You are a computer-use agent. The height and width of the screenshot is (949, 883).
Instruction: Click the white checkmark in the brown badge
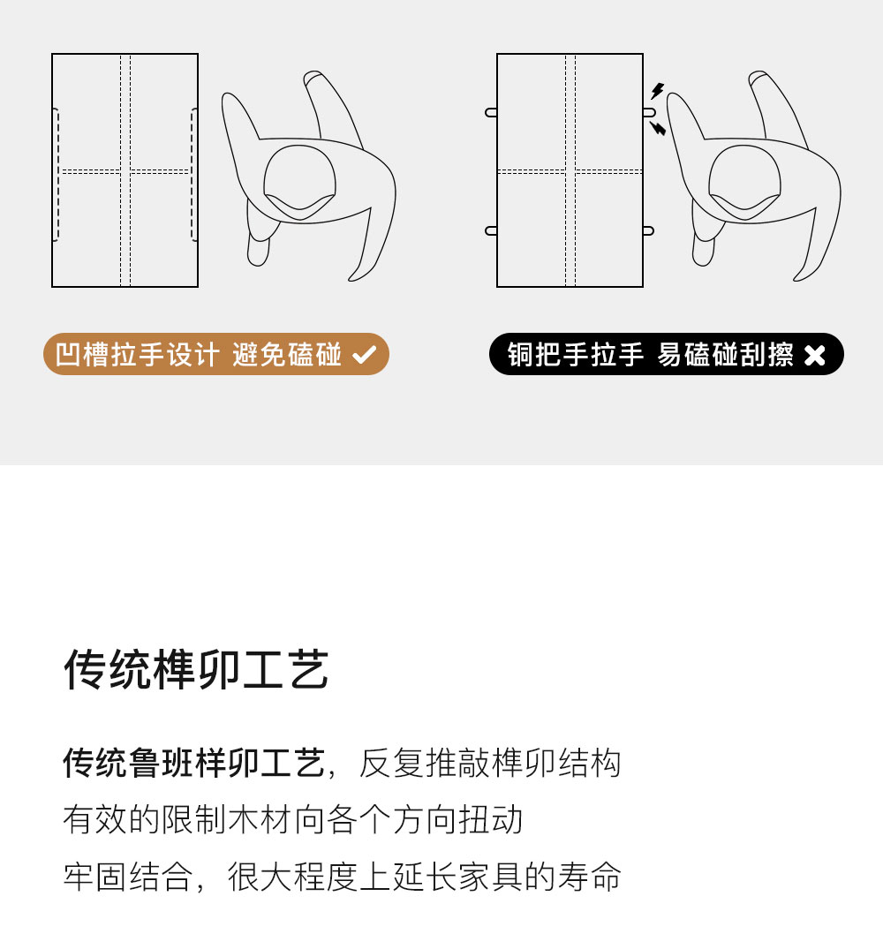click(x=365, y=355)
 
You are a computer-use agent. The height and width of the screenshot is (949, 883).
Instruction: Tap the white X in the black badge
click(x=815, y=355)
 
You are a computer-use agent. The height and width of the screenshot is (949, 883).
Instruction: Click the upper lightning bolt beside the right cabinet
click(x=657, y=91)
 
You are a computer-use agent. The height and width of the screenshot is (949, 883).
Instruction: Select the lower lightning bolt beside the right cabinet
click(x=658, y=128)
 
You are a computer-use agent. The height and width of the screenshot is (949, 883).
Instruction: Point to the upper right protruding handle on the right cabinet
click(x=649, y=112)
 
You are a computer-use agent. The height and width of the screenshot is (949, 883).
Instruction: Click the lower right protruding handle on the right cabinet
click(x=649, y=230)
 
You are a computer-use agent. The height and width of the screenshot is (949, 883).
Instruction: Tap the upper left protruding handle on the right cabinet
click(x=491, y=112)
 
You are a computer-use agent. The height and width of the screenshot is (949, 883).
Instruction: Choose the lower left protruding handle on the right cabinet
click(x=491, y=230)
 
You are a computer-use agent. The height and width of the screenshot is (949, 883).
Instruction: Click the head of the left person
click(x=299, y=182)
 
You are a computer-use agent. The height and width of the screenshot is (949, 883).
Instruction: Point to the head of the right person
click(x=744, y=182)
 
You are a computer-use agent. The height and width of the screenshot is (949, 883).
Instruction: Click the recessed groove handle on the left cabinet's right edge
click(x=193, y=175)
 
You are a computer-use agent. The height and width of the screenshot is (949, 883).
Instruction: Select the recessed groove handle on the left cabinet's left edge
click(x=56, y=175)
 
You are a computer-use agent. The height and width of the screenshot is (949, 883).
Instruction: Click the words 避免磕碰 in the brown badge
click(x=286, y=355)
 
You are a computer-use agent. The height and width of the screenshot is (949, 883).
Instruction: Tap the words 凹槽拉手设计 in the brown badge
click(x=137, y=355)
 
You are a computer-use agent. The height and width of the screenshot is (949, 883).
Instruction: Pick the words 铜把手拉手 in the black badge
click(x=575, y=355)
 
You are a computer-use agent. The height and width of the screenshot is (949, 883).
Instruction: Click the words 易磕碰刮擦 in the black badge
click(x=725, y=355)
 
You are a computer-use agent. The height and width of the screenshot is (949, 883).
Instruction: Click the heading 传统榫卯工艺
click(x=196, y=669)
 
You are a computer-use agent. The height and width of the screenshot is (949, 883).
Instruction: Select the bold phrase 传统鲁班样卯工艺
click(x=193, y=763)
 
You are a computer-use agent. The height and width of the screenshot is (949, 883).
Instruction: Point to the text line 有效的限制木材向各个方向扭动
click(x=293, y=819)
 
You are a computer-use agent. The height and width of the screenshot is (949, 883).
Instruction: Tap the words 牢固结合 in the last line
click(x=128, y=877)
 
